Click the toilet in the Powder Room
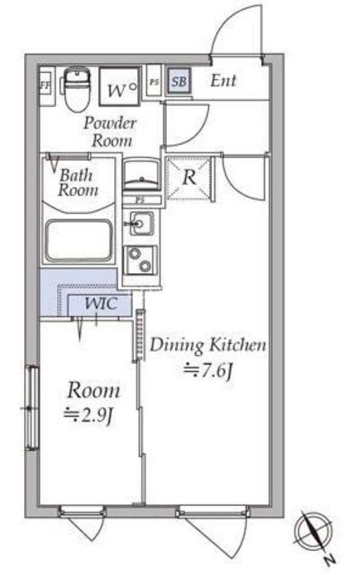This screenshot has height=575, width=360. (x=77, y=90)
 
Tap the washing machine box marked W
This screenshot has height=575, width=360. (x=119, y=86)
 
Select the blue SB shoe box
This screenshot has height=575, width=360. (x=179, y=81)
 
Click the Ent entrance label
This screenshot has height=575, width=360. (x=224, y=81)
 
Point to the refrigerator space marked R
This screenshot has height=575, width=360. (x=189, y=178)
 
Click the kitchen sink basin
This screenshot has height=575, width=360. (x=142, y=223)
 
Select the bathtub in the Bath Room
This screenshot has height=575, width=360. (x=79, y=241)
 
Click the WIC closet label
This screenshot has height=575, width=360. (x=101, y=304)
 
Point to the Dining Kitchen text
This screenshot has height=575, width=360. (x=208, y=345)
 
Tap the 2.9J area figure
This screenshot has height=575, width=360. (x=88, y=415)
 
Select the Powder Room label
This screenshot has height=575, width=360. (x=110, y=132)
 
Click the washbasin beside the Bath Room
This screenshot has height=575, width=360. (x=142, y=175)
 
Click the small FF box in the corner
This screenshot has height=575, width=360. (x=46, y=85)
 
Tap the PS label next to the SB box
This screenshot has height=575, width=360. (x=154, y=82)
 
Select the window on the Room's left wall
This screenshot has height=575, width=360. (x=32, y=407)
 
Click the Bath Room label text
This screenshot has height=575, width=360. (x=78, y=182)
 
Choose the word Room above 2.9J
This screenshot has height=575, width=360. (x=93, y=391)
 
